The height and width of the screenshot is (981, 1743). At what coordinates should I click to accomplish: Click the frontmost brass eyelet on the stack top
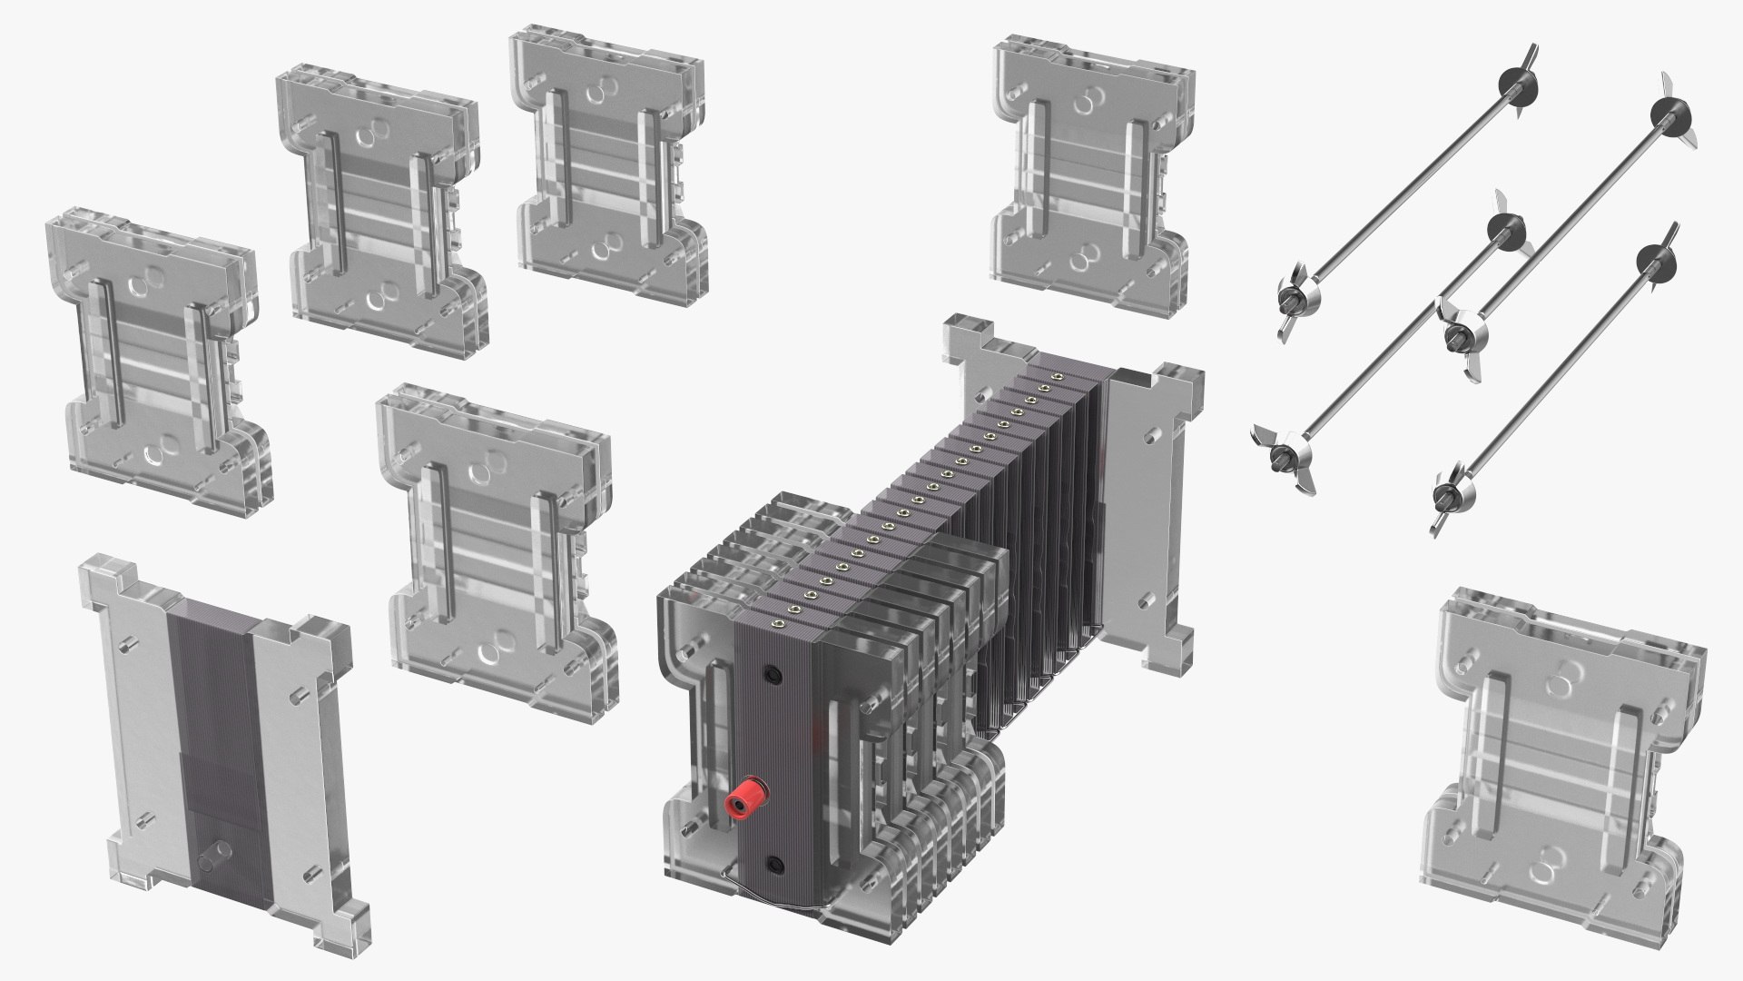[x=778, y=622]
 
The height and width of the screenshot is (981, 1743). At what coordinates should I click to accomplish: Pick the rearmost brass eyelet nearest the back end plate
[x=1056, y=375]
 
